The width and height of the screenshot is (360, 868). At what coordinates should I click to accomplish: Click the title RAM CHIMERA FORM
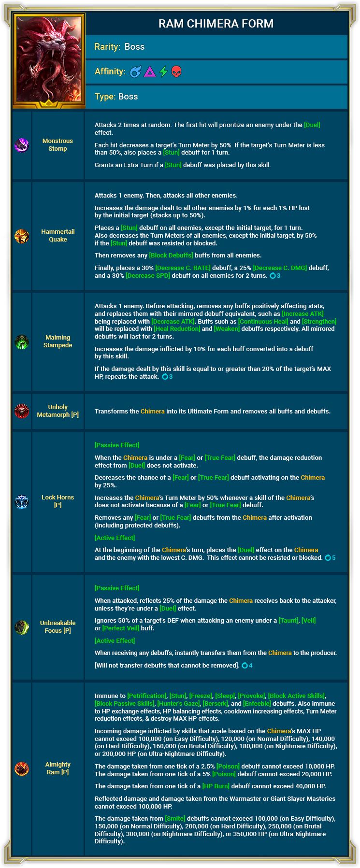pos(216,24)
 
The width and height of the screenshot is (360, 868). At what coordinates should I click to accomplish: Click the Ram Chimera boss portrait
pos(49,60)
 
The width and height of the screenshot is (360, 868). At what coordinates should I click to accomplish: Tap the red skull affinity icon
pos(176,72)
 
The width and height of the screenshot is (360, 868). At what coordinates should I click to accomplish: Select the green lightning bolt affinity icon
pos(163,72)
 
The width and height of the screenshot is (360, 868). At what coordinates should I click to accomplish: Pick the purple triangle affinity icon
pos(150,72)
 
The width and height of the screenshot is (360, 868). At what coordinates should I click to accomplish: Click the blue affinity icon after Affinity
pos(136,72)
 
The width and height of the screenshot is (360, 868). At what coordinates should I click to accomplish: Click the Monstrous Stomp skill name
pos(58,145)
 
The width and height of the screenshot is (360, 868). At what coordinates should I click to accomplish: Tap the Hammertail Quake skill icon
pos(22,236)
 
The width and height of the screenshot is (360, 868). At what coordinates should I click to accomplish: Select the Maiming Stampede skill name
pos(58,342)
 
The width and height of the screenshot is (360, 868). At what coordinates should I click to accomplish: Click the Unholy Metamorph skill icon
pos(22,411)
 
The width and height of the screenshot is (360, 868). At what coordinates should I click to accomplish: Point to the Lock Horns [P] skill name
pos(58,501)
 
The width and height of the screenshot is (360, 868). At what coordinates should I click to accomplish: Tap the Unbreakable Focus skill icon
pos(22,627)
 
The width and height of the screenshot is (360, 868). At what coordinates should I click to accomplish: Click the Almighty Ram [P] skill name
pos(58,768)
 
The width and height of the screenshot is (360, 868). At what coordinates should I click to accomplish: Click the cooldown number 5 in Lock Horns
pos(333,558)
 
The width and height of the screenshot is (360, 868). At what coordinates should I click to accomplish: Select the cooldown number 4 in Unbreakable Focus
pos(250,666)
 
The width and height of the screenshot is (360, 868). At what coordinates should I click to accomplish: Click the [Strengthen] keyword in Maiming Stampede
pos(319,321)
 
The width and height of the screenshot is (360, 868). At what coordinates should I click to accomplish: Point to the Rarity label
pos(107,47)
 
